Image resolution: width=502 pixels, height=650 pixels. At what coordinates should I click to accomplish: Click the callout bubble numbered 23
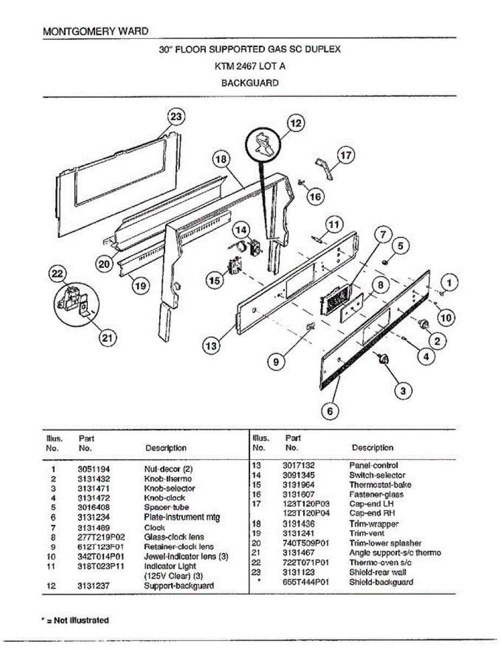coord(177,117)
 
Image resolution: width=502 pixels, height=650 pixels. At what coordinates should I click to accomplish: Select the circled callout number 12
coord(295,123)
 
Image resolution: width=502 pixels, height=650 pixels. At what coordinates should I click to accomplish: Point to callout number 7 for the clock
coord(383,235)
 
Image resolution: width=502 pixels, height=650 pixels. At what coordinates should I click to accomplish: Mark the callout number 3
coord(402,390)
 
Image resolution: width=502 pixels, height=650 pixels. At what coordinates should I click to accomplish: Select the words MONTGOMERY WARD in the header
coord(95,31)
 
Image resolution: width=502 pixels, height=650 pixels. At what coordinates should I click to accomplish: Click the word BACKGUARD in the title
coord(250,83)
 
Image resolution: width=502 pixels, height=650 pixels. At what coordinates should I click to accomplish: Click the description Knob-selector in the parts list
coord(169,489)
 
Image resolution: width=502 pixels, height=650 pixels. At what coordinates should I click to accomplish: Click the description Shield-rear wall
coord(377,572)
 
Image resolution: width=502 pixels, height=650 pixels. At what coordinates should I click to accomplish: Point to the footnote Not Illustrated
coord(77,620)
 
